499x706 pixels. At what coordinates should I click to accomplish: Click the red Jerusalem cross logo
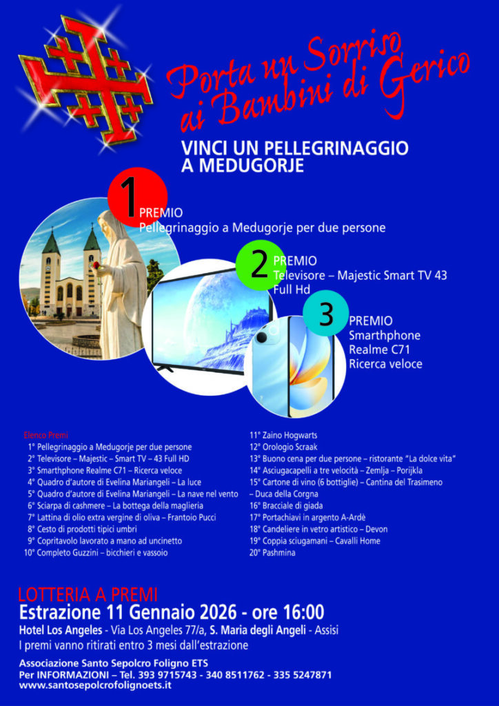[85, 80]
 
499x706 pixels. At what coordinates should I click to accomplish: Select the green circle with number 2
[261, 265]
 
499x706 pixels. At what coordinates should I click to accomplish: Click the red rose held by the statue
[96, 264]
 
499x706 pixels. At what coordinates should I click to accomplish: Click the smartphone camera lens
[262, 339]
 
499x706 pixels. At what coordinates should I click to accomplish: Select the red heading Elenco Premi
[45, 436]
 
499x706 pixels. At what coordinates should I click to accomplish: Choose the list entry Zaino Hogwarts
[283, 436]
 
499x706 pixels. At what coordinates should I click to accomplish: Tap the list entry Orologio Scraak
[283, 447]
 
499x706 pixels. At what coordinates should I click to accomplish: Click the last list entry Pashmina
[272, 552]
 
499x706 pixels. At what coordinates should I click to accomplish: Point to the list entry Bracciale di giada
[286, 505]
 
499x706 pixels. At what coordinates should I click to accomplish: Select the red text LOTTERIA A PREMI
[88, 595]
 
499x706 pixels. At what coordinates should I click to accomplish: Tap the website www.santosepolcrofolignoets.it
[95, 686]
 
